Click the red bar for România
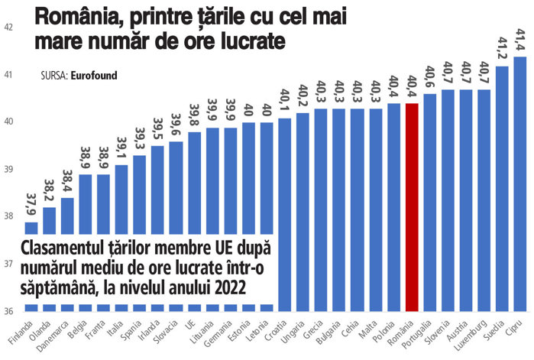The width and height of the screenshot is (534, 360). [412, 206]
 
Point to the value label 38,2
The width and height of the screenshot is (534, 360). [49, 190]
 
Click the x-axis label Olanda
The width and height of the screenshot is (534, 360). [40, 330]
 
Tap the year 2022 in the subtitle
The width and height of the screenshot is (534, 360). [231, 286]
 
